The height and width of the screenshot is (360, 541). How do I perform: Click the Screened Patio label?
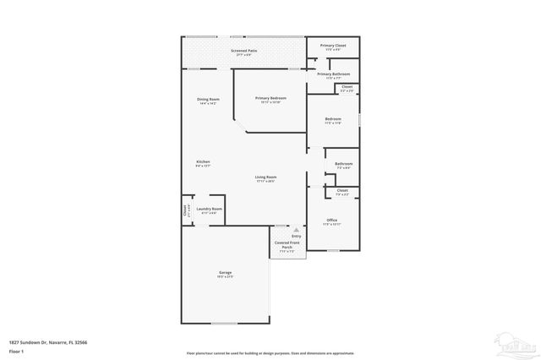[244, 52]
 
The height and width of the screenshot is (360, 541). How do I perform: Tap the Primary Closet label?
[332, 46]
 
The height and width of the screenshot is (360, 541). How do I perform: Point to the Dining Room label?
[208, 100]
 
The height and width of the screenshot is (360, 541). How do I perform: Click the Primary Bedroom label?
[270, 98]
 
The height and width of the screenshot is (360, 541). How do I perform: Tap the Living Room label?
[266, 177]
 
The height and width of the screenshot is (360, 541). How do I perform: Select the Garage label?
[225, 272]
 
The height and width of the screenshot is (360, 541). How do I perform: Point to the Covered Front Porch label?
[286, 245]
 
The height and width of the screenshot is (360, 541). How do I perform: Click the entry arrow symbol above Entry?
[296, 228]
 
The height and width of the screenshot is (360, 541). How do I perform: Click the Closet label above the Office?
[342, 191]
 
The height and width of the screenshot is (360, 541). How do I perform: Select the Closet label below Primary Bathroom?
[347, 87]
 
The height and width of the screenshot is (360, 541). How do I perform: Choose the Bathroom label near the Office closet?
[343, 164]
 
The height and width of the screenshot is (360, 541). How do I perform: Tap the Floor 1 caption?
[16, 350]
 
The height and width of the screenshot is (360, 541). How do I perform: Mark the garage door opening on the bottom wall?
[224, 324]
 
